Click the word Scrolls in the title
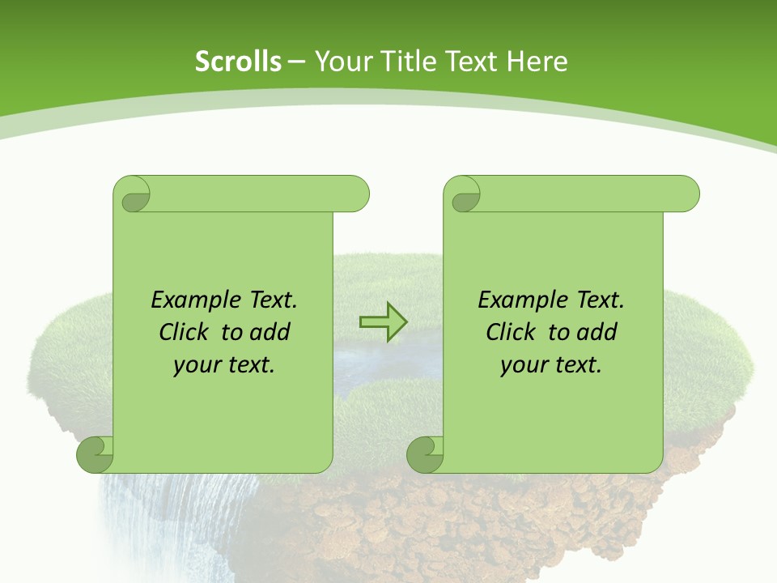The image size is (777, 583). pos(239,62)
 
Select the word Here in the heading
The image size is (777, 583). pos(537,62)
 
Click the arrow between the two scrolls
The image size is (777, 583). pos(384,322)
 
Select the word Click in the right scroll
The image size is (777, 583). pos(512,332)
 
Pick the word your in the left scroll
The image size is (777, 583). pos(196,365)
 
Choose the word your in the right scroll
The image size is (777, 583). pos(523,365)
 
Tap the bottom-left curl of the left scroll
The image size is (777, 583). pos(95,453)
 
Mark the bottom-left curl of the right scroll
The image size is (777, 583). pos(425,453)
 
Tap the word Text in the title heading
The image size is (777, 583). pos(473,62)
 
